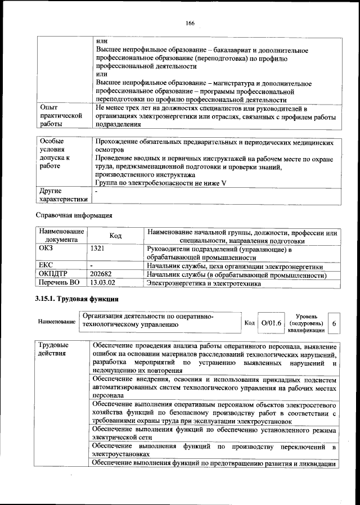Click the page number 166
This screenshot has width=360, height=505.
tap(190, 22)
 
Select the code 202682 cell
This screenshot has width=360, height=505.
tap(101, 275)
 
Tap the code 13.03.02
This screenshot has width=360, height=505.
tap(103, 283)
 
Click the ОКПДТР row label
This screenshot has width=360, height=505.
tap(53, 275)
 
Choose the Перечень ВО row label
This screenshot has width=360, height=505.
tap(60, 283)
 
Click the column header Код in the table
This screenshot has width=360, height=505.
tap(115, 236)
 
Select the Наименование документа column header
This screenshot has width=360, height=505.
tap(61, 236)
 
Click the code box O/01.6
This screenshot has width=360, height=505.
tap(272, 323)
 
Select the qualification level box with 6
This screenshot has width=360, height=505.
tap(334, 324)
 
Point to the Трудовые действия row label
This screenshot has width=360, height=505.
tap(53, 349)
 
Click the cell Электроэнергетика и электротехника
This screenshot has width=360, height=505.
tap(204, 283)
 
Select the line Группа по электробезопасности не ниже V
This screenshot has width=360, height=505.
tap(160, 183)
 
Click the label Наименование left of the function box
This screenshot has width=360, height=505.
tap(57, 322)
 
